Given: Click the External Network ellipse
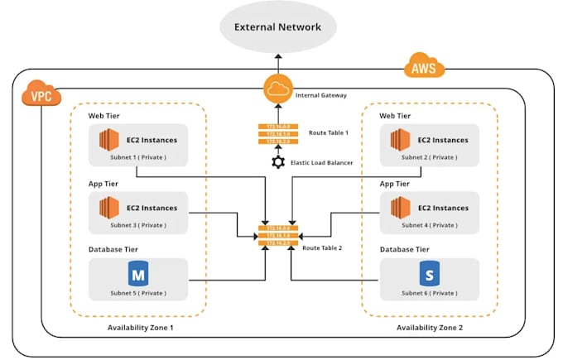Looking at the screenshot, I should pyautogui.click(x=277, y=27).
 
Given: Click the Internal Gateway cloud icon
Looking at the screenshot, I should pyautogui.click(x=278, y=89).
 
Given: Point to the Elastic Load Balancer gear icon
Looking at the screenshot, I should pyautogui.click(x=278, y=162).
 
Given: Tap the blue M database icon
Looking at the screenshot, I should pyautogui.click(x=137, y=273).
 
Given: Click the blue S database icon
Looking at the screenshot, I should pyautogui.click(x=427, y=273).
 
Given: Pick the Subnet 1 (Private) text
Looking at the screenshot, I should pyautogui.click(x=137, y=156).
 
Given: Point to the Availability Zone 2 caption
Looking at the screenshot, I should pyautogui.click(x=431, y=328).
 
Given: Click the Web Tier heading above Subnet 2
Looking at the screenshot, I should pyautogui.click(x=395, y=115).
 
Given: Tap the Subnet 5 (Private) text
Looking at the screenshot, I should pyautogui.click(x=137, y=292).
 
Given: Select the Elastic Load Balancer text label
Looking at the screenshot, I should pyautogui.click(x=323, y=163).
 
